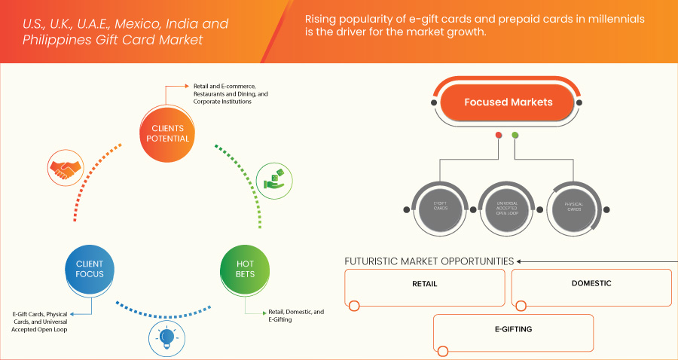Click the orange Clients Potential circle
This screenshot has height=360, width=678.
tap(167, 133)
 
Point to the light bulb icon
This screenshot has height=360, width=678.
tap(166, 337)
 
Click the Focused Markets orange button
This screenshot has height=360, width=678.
tap(508, 102)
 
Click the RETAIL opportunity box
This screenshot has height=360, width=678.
tap(425, 285)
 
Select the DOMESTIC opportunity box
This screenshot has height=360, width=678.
tap(591, 285)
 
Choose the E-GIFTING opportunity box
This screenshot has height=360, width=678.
tap(514, 330)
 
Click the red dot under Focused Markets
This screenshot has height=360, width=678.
tap(498, 136)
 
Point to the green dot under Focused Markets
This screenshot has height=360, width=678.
tap(515, 136)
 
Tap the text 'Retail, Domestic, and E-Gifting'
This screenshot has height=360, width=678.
tap(296, 316)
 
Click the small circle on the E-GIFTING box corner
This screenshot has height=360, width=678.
tap(443, 351)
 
